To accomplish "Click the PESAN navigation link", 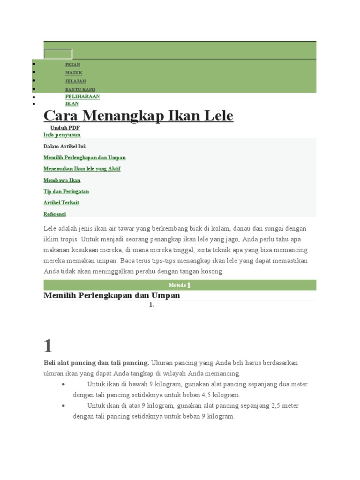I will pyautogui.click(x=72, y=65).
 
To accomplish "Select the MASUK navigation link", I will pyautogui.click(x=74, y=73).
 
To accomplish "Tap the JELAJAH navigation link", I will pyautogui.click(x=75, y=81).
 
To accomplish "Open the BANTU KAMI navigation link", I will pyautogui.click(x=80, y=89).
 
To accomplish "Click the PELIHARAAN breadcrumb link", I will pyautogui.click(x=82, y=97).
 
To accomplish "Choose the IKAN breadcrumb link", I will pyautogui.click(x=72, y=104).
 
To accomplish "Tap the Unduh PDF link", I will pyautogui.click(x=65, y=128).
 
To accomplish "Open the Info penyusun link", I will pyautogui.click(x=62, y=135).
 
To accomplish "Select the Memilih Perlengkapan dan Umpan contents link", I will pyautogui.click(x=84, y=157).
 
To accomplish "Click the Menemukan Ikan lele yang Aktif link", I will pyautogui.click(x=82, y=169).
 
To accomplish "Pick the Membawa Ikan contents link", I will pyautogui.click(x=62, y=180).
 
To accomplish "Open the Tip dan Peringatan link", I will pyautogui.click(x=66, y=191).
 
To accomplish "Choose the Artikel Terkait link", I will pyautogui.click(x=61, y=202).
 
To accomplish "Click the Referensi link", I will pyautogui.click(x=54, y=214).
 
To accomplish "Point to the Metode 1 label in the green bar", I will pyautogui.click(x=180, y=285).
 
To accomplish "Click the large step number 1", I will pyautogui.click(x=48, y=346).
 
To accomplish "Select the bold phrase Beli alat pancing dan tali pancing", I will pyautogui.click(x=96, y=363).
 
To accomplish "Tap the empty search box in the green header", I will pyautogui.click(x=58, y=54).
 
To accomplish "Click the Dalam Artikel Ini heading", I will pyautogui.click(x=65, y=146).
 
